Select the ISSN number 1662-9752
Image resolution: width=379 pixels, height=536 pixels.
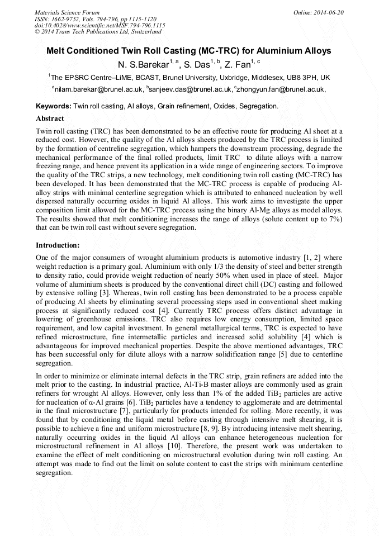(65, 19)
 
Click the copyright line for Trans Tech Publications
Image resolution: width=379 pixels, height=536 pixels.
(98, 32)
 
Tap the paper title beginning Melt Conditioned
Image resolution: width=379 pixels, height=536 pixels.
(188, 51)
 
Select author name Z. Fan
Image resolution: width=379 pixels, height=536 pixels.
(237, 65)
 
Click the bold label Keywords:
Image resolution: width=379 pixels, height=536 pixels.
(54, 106)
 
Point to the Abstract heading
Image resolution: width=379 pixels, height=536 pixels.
(50, 118)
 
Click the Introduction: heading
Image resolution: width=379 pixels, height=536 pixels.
(58, 245)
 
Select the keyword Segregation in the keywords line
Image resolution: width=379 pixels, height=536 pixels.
(258, 106)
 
